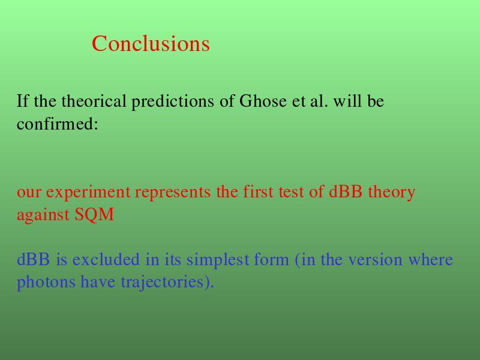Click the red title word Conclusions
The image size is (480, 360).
pos(151,43)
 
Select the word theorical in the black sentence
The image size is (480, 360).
pos(94,101)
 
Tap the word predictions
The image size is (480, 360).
pos(173,101)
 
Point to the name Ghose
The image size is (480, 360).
pos(263,101)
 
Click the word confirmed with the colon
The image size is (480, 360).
pos(57,124)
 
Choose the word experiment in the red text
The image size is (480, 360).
pos(88,193)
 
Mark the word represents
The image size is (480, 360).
pos(173,193)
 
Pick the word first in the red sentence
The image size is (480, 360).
pos(258,191)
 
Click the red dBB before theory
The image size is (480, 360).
pos(346,191)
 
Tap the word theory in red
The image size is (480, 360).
pos(392,193)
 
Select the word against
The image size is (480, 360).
pos(43,215)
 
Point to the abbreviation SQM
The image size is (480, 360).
pos(94,214)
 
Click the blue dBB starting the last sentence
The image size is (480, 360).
pos(34,259)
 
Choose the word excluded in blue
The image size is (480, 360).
pos(106,259)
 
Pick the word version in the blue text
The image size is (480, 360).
pos(376,260)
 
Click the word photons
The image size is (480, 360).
pos(46,282)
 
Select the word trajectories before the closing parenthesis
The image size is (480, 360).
pos(162,282)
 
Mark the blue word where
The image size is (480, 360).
pos(430,259)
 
